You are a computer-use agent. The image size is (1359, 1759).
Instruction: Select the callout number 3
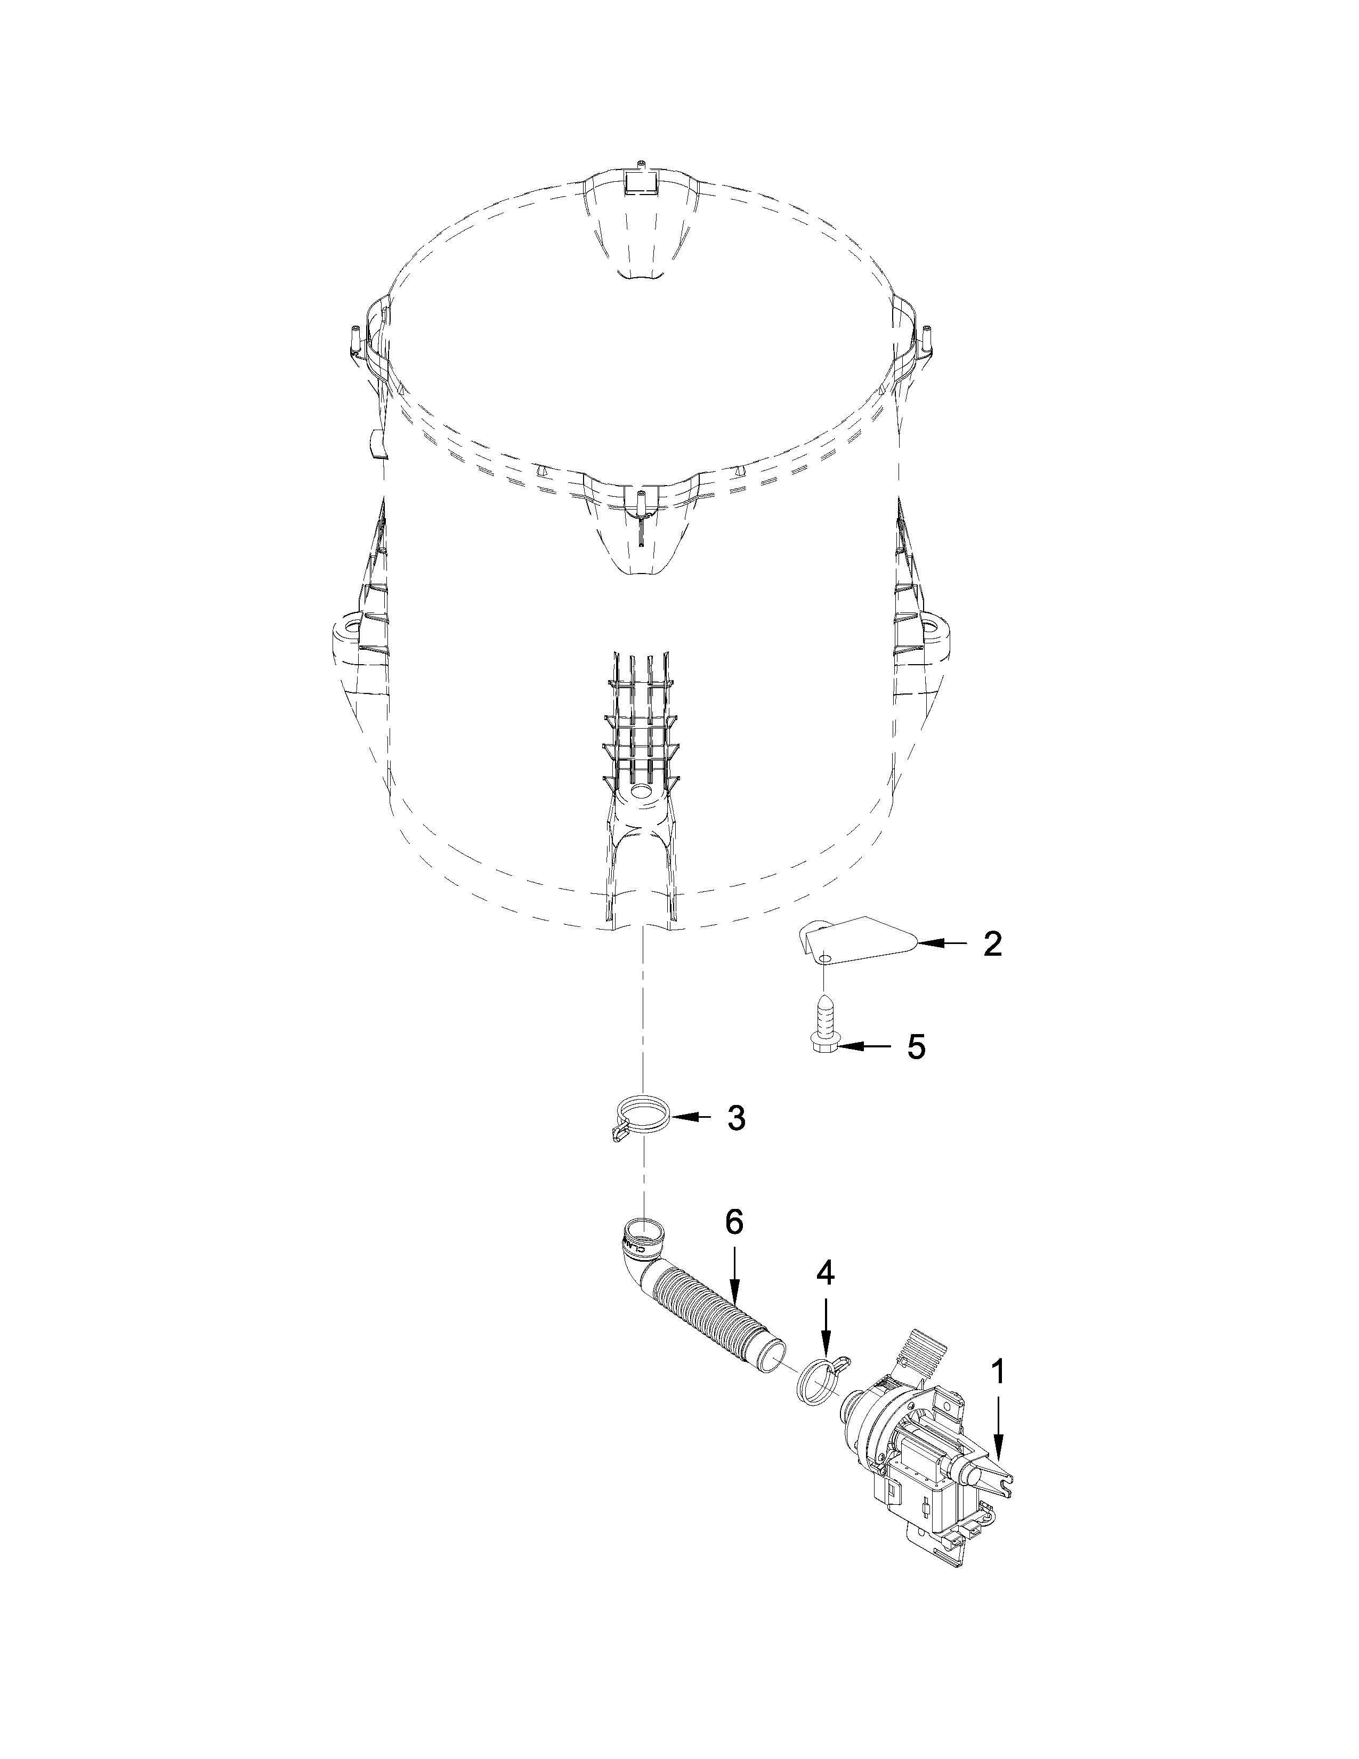click(x=736, y=1117)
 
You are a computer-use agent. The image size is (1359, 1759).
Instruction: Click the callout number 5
click(x=916, y=1046)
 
